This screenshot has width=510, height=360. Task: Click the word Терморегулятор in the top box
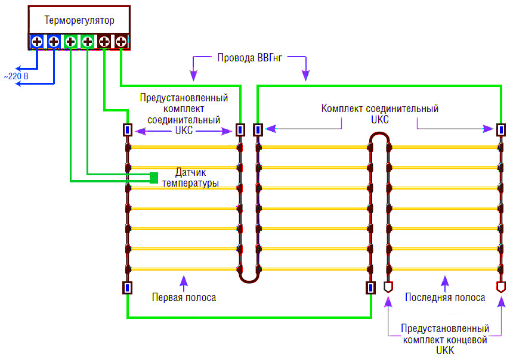click(x=79, y=21)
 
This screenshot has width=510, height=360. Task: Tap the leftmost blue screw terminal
click(x=37, y=42)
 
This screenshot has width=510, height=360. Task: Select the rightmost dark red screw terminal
click(x=121, y=42)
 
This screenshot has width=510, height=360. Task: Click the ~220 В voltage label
click(x=16, y=77)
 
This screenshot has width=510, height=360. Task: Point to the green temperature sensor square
click(x=154, y=177)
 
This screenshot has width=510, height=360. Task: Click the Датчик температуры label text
click(x=190, y=178)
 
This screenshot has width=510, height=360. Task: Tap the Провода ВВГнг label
click(x=249, y=58)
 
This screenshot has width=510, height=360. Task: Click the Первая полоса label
click(x=184, y=297)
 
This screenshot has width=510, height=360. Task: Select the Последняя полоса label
click(x=444, y=297)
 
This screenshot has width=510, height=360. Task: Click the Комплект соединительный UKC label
click(x=380, y=114)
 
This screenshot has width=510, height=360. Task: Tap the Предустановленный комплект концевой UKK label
click(x=445, y=340)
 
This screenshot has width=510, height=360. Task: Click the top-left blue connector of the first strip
click(x=127, y=129)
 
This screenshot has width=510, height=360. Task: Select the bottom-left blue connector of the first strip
click(x=127, y=288)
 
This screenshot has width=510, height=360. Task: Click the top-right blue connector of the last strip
click(x=501, y=129)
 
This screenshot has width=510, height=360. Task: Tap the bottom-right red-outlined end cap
click(x=501, y=287)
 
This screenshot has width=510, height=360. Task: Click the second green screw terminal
click(x=88, y=42)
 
